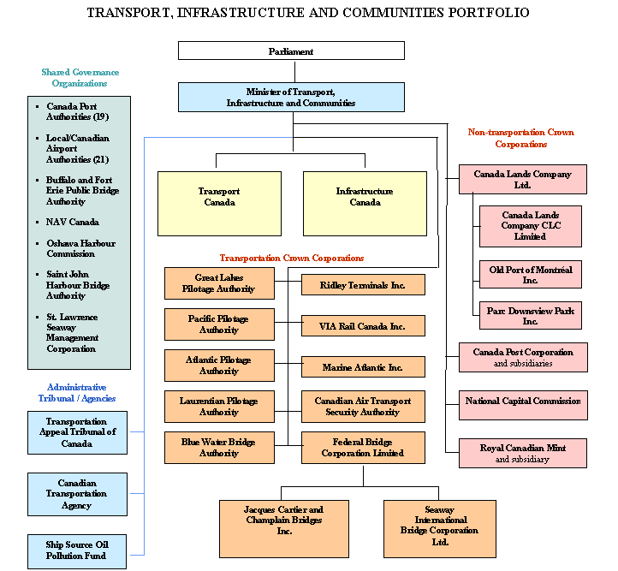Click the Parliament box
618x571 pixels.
tap(291, 51)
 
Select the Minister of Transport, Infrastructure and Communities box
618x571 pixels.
tap(291, 97)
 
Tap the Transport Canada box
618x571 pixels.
tap(219, 203)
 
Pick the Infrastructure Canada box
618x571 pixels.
tap(365, 203)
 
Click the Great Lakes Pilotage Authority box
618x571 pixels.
tap(219, 283)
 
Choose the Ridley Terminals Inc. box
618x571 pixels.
tap(363, 284)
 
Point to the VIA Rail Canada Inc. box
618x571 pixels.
tap(363, 325)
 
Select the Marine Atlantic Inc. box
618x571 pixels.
tap(363, 367)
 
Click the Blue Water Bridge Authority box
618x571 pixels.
tap(219, 448)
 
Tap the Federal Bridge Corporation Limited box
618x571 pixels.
tap(363, 448)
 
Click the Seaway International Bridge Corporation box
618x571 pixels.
tap(440, 525)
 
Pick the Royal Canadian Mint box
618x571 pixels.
tap(522, 453)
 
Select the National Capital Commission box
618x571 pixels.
tap(522, 401)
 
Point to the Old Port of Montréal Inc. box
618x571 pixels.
tap(531, 275)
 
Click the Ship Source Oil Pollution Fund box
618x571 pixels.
tap(77, 550)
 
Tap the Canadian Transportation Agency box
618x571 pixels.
tap(77, 494)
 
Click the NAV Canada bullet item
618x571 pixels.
tap(73, 223)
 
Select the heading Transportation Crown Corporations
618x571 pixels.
tap(292, 258)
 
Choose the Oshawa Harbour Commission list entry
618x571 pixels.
tap(80, 248)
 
